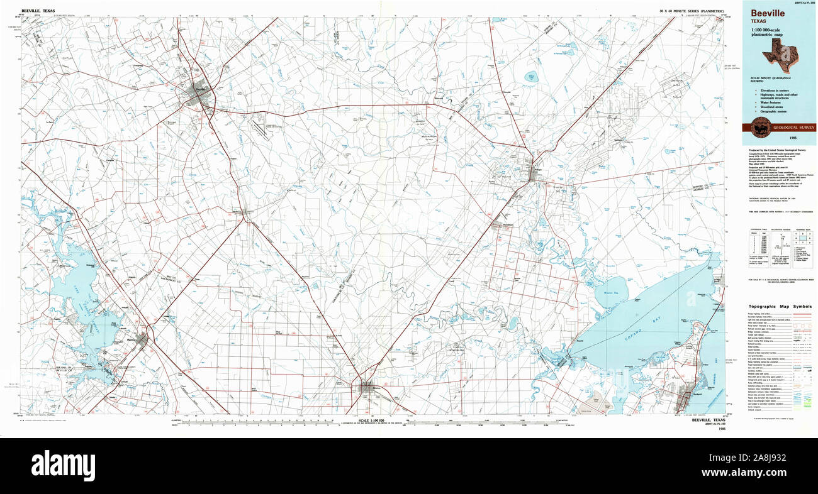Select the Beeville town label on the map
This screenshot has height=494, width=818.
coord(200,89)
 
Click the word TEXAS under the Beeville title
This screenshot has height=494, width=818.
coord(758,21)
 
